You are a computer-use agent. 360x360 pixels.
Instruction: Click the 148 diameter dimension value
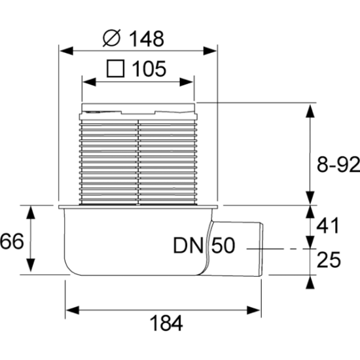click(x=147, y=39)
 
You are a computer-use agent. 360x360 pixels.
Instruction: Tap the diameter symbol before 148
click(x=111, y=39)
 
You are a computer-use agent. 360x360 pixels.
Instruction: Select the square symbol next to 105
click(x=115, y=69)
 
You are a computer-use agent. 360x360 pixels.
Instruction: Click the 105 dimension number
click(x=149, y=69)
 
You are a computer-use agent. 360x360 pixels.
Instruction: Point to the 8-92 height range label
click(x=338, y=164)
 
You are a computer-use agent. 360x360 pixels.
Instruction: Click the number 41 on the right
click(x=328, y=225)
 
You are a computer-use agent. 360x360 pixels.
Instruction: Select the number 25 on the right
click(x=329, y=260)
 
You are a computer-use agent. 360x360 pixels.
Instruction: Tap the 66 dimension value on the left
click(x=12, y=241)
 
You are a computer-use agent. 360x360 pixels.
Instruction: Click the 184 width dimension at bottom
click(x=166, y=323)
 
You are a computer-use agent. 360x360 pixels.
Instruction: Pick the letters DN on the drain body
click(x=189, y=245)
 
